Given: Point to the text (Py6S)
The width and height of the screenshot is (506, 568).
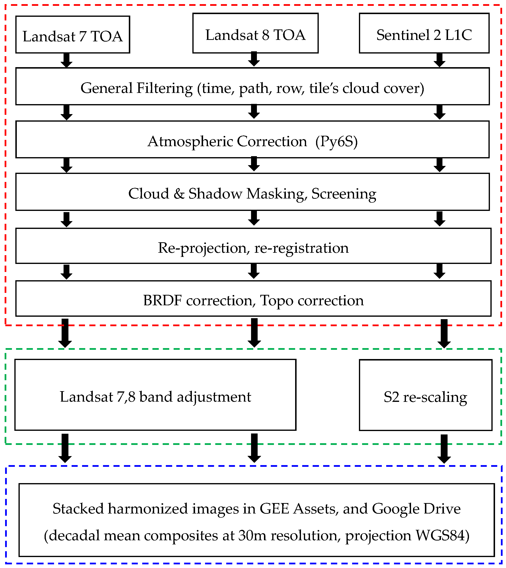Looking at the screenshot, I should click(336, 141).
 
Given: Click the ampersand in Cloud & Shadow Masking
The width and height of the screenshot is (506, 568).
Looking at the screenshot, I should click(179, 194).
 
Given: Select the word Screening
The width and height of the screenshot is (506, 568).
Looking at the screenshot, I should click(344, 194).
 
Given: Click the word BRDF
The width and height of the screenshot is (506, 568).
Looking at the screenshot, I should click(162, 301).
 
